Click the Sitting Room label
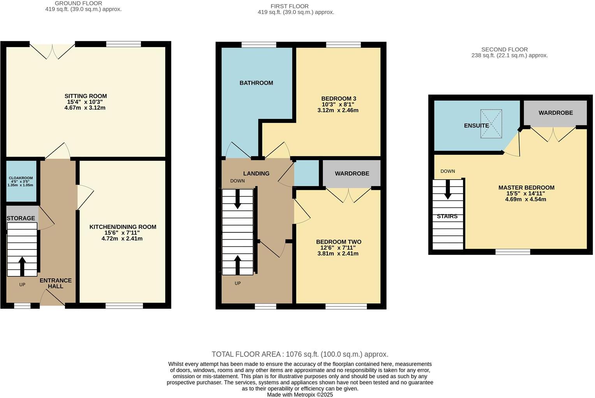point(85,96)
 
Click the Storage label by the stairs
point(21,218)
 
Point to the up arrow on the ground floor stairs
point(22,265)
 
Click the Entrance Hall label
point(55,283)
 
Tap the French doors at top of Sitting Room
point(52,51)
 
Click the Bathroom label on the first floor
point(256,83)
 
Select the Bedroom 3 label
point(338,98)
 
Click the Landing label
point(256,173)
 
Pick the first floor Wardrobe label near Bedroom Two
point(352,173)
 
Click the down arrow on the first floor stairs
point(237,199)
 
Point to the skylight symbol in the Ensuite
point(491,124)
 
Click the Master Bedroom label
point(526,187)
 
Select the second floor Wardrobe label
point(555,113)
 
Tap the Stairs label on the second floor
point(447,216)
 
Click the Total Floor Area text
point(300,354)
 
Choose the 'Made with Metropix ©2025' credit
point(300,395)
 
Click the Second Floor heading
point(504,49)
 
